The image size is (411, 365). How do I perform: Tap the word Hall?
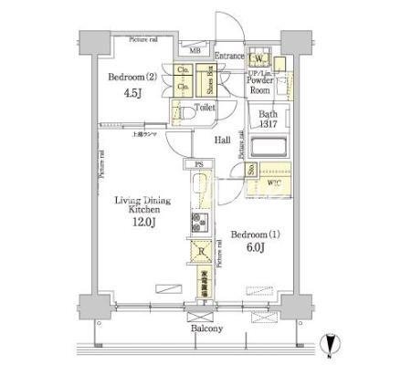[x=223, y=141]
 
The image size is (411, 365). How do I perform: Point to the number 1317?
[x=267, y=126]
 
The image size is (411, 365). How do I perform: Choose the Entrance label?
[x=229, y=56]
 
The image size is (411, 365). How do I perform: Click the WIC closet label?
[x=274, y=182]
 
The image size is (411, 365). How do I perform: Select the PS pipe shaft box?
[x=198, y=165]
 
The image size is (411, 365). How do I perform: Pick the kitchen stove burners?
[x=198, y=222]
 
